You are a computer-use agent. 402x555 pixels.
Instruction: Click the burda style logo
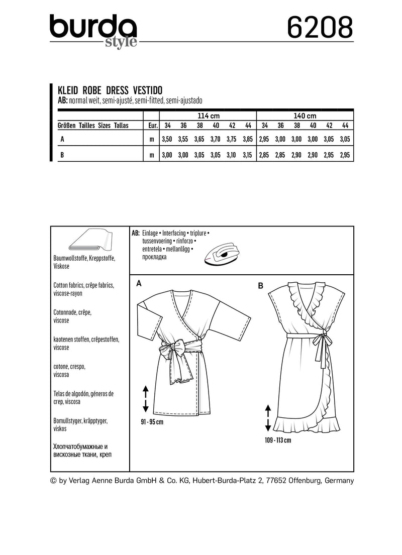pyautogui.click(x=93, y=31)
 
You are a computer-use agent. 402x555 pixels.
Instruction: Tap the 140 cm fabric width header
pyautogui.click(x=306, y=116)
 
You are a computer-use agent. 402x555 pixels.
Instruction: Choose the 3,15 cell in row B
pyautogui.click(x=247, y=156)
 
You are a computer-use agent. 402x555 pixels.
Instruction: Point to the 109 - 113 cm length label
pyautogui.click(x=275, y=440)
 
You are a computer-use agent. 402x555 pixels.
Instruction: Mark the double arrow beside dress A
pyautogui.click(x=146, y=399)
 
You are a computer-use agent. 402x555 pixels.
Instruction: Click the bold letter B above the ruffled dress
pyautogui.click(x=261, y=286)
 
